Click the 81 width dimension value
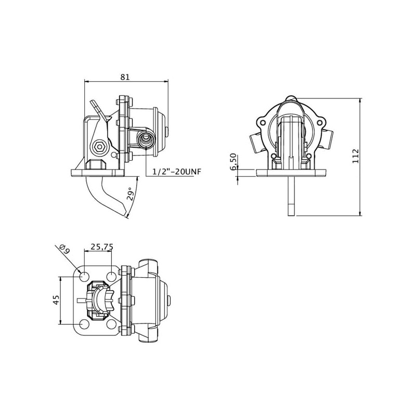click(x=125, y=77)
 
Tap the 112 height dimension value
click(x=355, y=156)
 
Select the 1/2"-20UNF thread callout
click(x=177, y=172)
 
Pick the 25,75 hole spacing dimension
click(x=102, y=246)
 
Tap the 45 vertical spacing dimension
click(x=56, y=300)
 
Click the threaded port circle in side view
click(x=145, y=138)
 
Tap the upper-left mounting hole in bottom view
click(x=84, y=277)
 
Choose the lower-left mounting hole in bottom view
click(x=84, y=324)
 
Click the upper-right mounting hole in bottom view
click(x=111, y=277)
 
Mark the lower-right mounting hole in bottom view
click(x=111, y=324)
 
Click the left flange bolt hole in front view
click(x=263, y=123)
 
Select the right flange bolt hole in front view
click(x=320, y=123)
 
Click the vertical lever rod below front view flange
click(x=291, y=196)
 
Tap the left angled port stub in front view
click(x=255, y=142)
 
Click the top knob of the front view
click(x=291, y=98)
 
